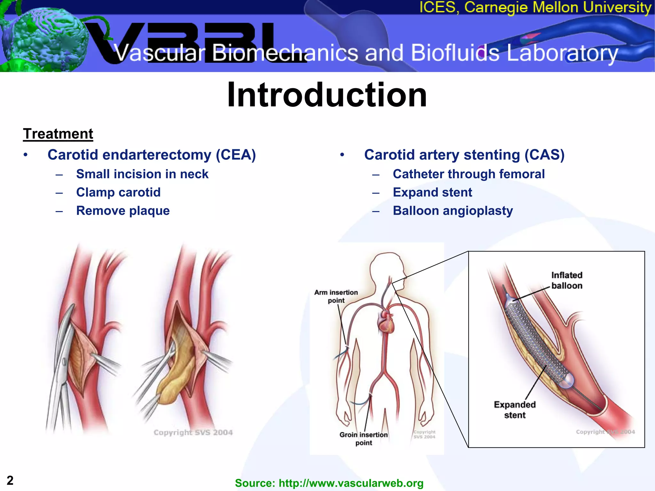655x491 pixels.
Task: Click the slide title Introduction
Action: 327,95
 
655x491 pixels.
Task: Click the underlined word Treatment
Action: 58,134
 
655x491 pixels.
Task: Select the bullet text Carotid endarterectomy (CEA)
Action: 152,155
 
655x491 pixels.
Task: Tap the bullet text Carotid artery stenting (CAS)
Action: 464,155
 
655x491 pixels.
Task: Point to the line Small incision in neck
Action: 142,174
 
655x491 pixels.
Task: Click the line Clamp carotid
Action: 118,192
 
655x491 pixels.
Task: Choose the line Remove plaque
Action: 123,211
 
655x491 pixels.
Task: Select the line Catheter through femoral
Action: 469,174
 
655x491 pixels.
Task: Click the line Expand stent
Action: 432,192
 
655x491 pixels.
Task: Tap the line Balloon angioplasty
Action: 453,211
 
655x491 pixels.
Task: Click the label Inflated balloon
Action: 566,280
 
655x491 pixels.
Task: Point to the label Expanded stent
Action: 515,410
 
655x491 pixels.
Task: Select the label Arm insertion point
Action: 336,296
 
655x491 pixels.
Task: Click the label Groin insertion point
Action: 363,439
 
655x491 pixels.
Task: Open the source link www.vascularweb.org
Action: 351,483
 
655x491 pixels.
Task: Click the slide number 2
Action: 10,480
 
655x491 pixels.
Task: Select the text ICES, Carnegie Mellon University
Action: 535,7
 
